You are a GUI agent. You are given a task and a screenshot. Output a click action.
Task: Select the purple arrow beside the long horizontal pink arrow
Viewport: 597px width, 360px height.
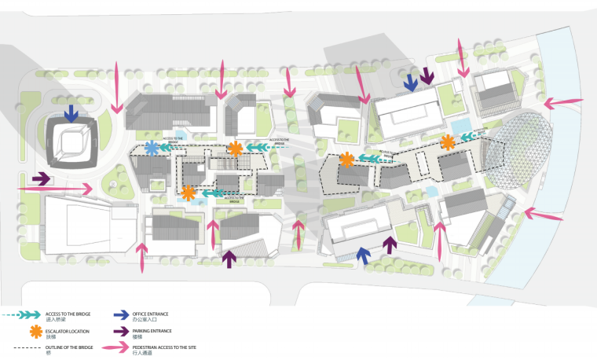pyautogui.click(x=42, y=178)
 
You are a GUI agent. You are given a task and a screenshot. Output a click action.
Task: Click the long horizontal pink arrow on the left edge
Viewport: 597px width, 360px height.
pyautogui.click(x=55, y=189)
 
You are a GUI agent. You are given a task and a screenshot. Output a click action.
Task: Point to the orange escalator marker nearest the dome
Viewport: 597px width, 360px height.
pyautogui.click(x=447, y=142)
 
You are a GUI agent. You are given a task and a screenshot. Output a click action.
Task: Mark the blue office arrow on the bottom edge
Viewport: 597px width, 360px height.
pyautogui.click(x=363, y=254)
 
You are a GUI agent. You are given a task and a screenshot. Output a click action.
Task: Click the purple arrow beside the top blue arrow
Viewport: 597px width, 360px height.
pyautogui.click(x=427, y=77)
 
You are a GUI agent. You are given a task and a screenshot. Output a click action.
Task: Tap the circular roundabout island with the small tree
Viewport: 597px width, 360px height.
pyautogui.click(x=114, y=183)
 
